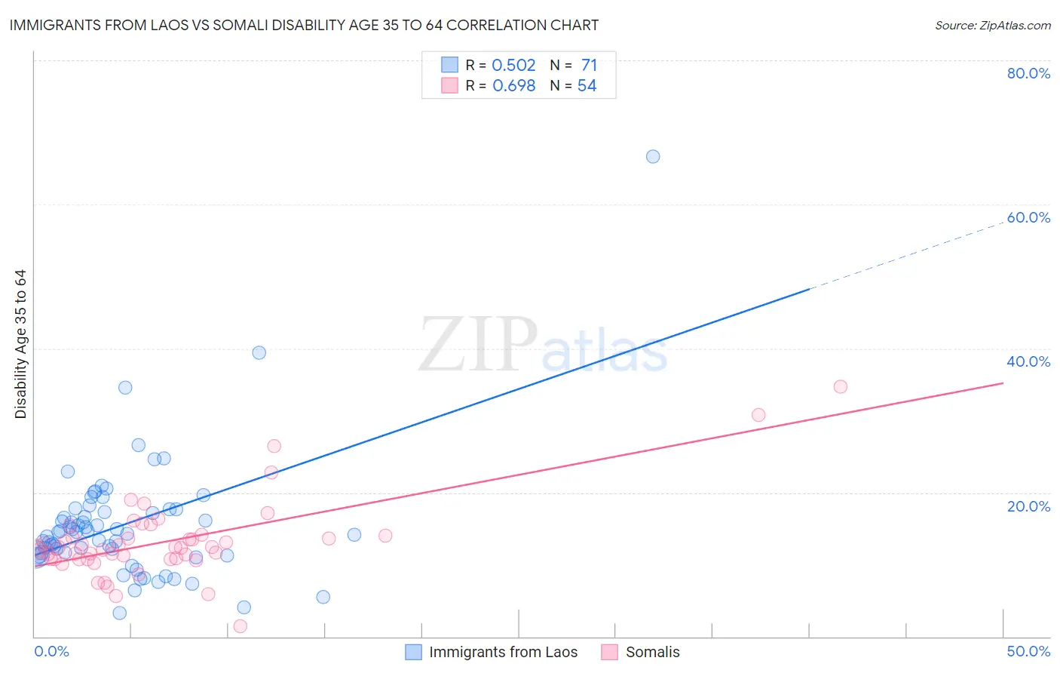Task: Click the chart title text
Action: tap(304, 25)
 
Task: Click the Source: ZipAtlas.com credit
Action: tap(992, 25)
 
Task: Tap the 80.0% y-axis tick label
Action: tap(1028, 73)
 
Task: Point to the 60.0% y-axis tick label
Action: tap(1028, 217)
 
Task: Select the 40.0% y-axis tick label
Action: tap(1028, 361)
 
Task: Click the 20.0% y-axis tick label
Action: tap(1028, 506)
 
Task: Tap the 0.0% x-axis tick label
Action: tap(51, 651)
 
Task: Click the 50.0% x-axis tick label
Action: tap(1028, 651)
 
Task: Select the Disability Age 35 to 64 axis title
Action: tap(20, 344)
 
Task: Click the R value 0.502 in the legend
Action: tap(513, 65)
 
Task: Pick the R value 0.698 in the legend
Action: tap(513, 86)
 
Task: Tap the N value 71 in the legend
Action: tap(589, 65)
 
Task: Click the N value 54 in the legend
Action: tap(587, 86)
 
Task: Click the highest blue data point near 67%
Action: tap(653, 156)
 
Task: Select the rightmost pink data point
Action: tap(841, 386)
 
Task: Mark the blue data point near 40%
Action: tap(259, 352)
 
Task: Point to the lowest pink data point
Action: tap(240, 626)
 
